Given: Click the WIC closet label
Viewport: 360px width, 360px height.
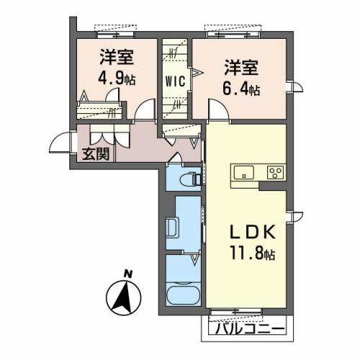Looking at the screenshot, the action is click(175, 81).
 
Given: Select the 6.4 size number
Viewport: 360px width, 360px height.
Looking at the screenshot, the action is click(235, 89).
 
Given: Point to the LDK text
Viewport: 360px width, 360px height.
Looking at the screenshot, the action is click(253, 233).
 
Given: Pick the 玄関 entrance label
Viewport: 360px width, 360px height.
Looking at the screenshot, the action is click(96, 154).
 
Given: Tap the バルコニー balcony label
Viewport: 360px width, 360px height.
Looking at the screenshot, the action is click(250, 328).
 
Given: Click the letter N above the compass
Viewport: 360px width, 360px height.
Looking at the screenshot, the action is click(128, 274).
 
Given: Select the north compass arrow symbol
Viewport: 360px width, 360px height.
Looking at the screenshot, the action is click(124, 297).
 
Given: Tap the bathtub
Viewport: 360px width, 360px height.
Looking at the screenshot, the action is click(183, 294).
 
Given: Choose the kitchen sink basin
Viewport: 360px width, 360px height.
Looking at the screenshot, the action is click(244, 172).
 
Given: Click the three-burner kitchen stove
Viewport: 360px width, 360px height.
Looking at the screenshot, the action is click(276, 173).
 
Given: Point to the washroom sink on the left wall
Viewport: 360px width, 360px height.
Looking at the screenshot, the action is click(172, 228).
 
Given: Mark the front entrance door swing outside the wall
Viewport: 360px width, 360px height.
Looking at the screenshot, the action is click(60, 143).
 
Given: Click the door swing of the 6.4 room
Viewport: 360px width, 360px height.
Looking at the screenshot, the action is click(218, 109).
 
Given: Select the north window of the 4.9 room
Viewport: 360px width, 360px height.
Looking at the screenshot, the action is click(116, 35).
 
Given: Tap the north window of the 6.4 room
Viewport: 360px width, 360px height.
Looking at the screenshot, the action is click(233, 35).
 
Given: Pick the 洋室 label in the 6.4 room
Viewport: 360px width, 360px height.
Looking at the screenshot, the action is click(241, 68).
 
